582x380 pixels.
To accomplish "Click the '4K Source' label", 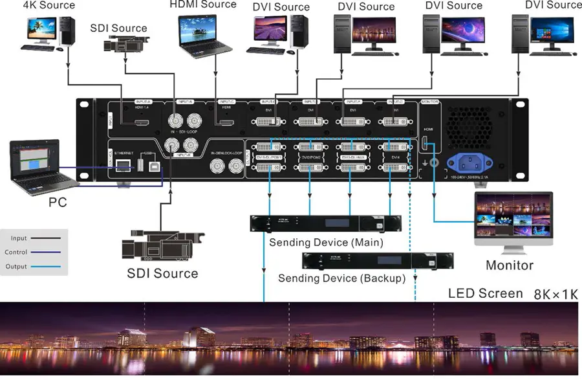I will point(48,5).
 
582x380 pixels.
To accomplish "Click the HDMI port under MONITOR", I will point(426,143).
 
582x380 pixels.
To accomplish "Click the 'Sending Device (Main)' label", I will point(326,243).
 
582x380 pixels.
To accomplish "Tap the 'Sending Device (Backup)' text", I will point(341,278).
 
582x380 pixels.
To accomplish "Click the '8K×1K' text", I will point(554,294).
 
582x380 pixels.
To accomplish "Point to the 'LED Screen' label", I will point(485,293).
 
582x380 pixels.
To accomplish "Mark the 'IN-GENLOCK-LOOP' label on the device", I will point(226,153).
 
